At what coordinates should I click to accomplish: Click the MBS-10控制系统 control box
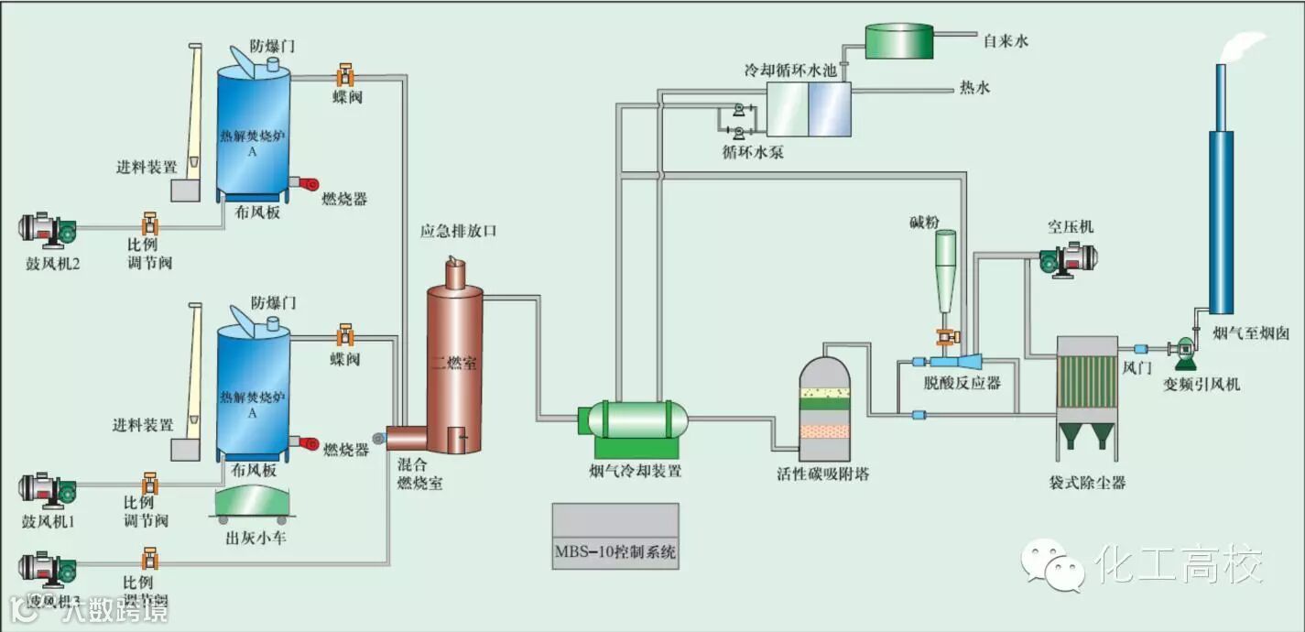(615, 536)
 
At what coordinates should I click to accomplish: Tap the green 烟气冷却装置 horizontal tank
(636, 420)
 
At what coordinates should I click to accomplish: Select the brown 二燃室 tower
(454, 366)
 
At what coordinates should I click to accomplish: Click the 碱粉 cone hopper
(945, 266)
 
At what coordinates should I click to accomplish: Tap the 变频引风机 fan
(1184, 349)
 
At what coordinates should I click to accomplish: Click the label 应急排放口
(458, 232)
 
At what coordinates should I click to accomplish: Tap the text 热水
(974, 88)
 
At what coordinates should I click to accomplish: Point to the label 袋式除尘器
(1087, 482)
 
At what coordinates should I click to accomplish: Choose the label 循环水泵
(753, 152)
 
